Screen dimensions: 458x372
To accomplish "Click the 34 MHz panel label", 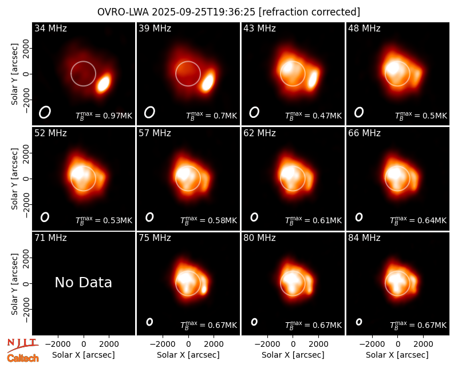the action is pyautogui.click(x=50, y=28).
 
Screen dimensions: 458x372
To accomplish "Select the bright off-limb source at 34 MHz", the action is pyautogui.click(x=104, y=83).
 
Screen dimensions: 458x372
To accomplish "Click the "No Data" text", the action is pyautogui.click(x=83, y=282).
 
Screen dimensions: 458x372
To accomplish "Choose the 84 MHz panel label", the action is pyautogui.click(x=364, y=238).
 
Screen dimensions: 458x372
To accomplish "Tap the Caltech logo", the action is pyautogui.click(x=23, y=358).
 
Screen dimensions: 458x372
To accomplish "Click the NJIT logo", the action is pyautogui.click(x=22, y=345).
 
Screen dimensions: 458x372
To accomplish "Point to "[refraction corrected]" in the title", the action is pyautogui.click(x=310, y=12).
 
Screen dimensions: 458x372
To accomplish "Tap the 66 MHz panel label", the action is pyautogui.click(x=364, y=133).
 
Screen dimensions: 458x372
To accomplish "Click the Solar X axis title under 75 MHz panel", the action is pyautogui.click(x=188, y=355).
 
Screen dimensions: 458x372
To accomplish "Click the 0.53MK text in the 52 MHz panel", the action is pyautogui.click(x=118, y=220).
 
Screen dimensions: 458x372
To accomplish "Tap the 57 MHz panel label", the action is pyautogui.click(x=155, y=133).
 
